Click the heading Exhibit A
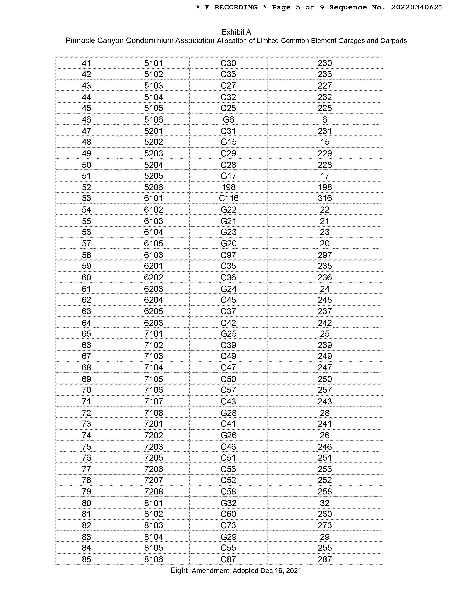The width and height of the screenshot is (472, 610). pos(236,32)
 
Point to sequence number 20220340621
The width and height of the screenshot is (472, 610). pos(417,8)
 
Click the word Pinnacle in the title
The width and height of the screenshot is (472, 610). pos(80,41)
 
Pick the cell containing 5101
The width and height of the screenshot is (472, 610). pos(153,63)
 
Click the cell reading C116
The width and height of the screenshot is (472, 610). pos(228,198)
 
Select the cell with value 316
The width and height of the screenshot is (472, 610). pos(325,198)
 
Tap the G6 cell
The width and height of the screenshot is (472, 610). pos(228,120)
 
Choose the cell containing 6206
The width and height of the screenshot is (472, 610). pos(153,323)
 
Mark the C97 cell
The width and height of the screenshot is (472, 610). pos(228,255)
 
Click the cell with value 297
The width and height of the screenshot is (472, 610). pos(325,255)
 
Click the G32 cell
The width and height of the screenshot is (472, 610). pos(228,503)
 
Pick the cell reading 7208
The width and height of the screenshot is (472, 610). pos(153,491)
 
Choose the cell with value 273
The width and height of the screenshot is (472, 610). pos(325,525)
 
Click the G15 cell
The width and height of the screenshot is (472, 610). pos(228,142)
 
